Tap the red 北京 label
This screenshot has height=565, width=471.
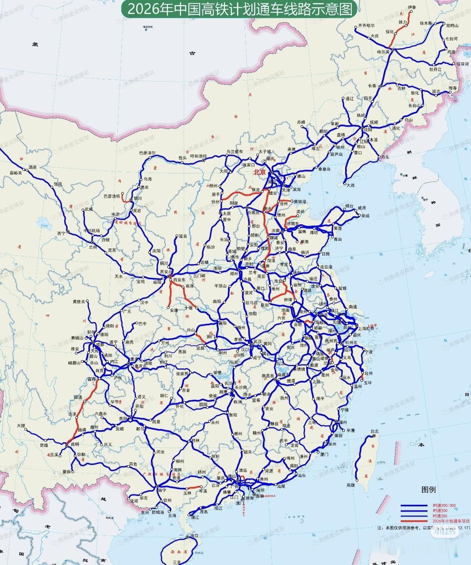click(259, 173)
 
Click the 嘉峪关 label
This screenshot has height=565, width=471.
click(16, 173)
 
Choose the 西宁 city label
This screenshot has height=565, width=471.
click(61, 233)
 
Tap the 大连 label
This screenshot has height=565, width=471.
click(350, 185)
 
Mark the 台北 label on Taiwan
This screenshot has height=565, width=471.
click(374, 431)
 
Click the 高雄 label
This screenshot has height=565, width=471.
click(351, 485)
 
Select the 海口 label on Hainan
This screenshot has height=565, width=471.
click(194, 536)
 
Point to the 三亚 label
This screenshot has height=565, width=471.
click(177, 562)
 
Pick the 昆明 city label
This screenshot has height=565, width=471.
click(75, 445)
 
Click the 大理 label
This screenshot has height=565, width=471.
click(20, 426)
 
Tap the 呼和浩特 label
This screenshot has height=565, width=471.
click(199, 156)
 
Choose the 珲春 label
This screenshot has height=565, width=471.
click(452, 88)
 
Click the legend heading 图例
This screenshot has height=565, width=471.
click(429, 490)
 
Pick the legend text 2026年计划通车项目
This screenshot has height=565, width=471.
click(451, 521)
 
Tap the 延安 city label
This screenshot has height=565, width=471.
click(183, 236)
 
